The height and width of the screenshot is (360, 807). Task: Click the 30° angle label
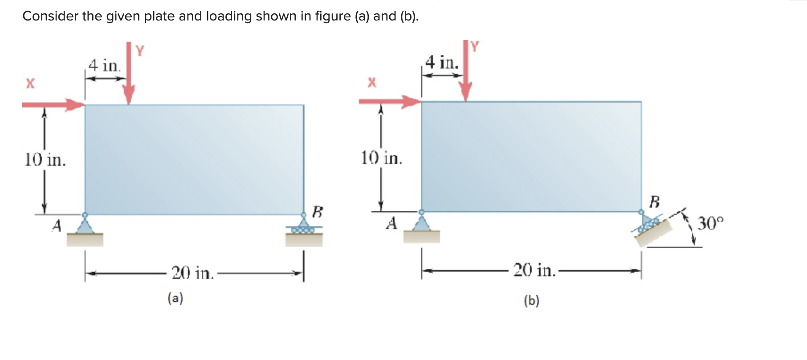(710, 222)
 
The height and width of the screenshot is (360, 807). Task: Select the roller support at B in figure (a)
(304, 226)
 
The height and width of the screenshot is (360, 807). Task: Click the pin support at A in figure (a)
(85, 225)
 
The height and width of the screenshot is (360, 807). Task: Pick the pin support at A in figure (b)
(421, 222)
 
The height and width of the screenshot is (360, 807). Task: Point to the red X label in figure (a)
(30, 83)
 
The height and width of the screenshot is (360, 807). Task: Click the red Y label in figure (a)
(140, 51)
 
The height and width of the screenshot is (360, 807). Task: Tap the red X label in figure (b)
(371, 82)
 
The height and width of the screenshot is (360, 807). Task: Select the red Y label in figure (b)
(474, 46)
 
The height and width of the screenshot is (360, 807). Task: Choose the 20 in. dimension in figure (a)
(192, 273)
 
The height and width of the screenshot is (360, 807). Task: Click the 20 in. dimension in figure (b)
(534, 270)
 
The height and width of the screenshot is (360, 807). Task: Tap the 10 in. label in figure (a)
(45, 160)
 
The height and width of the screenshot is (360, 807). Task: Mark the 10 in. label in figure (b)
(381, 158)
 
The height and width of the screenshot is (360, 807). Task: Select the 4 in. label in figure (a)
(105, 65)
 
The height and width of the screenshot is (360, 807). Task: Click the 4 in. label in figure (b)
(442, 62)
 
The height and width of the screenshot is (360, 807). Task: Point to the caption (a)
(175, 298)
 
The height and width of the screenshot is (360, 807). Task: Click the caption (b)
(531, 301)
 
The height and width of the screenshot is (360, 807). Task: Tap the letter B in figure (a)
(317, 211)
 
